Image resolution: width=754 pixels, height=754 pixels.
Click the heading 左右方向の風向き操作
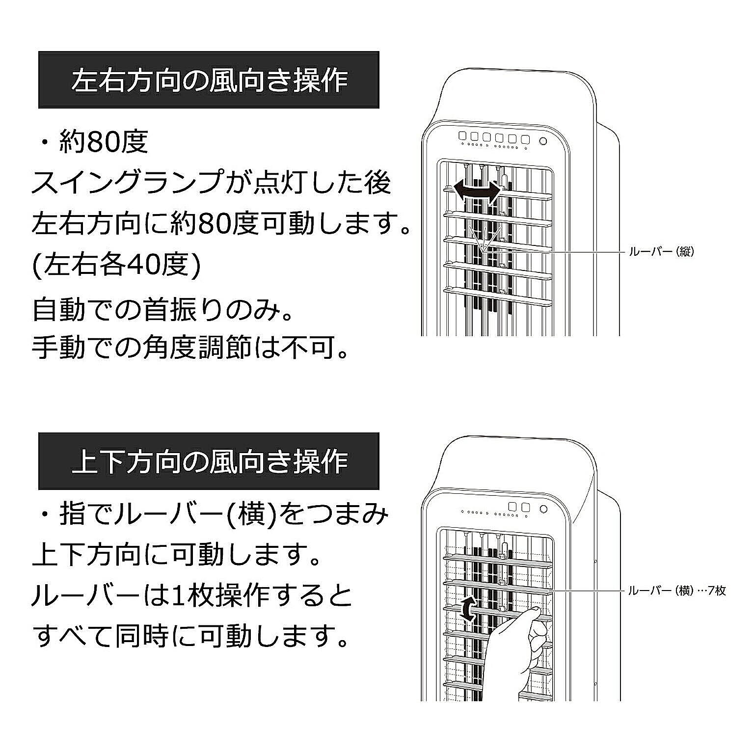[209, 80]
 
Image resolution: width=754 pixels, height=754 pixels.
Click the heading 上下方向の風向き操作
[209, 461]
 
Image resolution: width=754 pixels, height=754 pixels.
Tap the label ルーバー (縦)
[661, 252]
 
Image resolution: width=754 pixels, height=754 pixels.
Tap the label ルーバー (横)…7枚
[676, 591]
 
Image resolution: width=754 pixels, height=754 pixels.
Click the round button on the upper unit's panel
[543, 141]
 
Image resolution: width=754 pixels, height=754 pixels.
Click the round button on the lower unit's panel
[543, 509]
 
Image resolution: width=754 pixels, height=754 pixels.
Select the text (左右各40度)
[116, 267]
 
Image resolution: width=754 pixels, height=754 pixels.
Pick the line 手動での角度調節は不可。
[190, 348]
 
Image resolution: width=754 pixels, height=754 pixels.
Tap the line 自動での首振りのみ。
[163, 310]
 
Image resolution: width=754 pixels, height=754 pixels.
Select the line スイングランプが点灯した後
[211, 183]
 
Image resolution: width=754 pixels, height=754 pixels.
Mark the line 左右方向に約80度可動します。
[221, 224]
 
